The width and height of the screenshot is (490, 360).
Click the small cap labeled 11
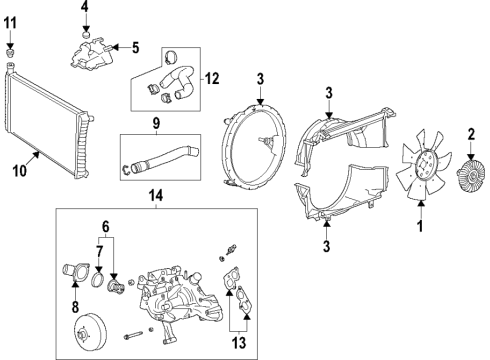coord(10,48)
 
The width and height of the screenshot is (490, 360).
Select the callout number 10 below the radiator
coord(19,171)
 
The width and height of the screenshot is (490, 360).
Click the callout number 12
coord(211,78)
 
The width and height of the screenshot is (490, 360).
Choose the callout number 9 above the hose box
coord(156,125)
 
